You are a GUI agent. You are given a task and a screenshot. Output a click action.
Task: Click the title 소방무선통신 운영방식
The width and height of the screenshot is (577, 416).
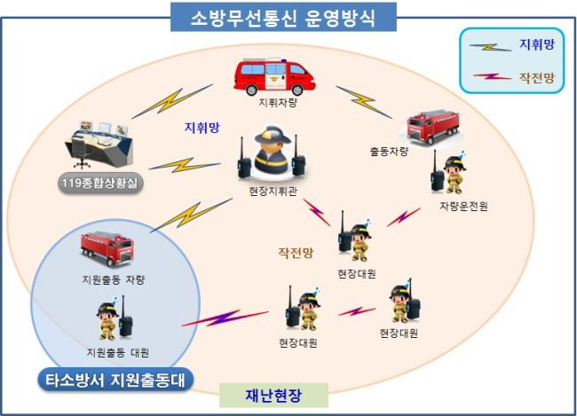[x=281, y=17]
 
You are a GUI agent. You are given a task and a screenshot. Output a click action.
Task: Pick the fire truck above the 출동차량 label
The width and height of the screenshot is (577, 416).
[x=432, y=127]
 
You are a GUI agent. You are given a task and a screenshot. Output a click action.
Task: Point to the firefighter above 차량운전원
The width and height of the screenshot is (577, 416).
[x=450, y=173]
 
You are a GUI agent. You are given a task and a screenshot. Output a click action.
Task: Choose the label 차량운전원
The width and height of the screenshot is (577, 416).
[x=462, y=207]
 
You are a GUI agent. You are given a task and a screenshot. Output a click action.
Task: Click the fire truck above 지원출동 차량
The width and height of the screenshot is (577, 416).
[x=107, y=249]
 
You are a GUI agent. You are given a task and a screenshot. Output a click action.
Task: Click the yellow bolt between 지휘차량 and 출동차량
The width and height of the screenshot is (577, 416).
[x=365, y=101]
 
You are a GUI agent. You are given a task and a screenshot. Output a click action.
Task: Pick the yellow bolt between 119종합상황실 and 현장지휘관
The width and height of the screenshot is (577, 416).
[x=185, y=165]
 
